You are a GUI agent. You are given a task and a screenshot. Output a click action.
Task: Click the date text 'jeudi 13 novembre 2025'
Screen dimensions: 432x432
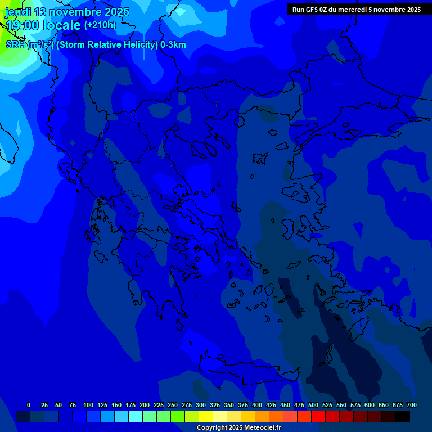[x=67, y=12]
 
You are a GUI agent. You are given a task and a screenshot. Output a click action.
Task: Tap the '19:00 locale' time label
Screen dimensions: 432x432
[x=43, y=25]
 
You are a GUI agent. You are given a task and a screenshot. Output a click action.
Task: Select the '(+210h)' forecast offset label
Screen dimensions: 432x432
[x=100, y=25]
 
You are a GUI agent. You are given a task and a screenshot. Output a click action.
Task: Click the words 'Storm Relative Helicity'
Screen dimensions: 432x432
[x=107, y=45]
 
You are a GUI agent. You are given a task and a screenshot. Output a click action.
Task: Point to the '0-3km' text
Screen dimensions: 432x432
[x=173, y=45]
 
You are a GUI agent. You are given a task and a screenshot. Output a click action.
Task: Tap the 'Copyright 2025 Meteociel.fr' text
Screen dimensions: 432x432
[x=238, y=427]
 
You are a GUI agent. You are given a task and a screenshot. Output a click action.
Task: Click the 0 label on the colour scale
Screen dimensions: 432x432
[x=29, y=405]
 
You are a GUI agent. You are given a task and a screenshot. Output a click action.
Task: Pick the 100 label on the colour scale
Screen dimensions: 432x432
[x=88, y=405]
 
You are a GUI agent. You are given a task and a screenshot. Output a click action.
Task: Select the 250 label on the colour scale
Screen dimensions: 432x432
[x=173, y=405]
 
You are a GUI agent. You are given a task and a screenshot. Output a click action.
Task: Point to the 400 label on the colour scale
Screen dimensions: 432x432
[x=257, y=405]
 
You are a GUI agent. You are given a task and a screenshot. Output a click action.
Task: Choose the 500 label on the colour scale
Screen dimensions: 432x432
[x=313, y=405]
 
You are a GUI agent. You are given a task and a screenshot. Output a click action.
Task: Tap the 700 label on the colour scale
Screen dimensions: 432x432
[x=412, y=405]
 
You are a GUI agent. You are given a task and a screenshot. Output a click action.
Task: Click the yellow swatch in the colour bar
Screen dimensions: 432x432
[x=206, y=417]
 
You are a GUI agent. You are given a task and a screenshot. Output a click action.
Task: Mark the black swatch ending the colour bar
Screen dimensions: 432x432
[x=403, y=417]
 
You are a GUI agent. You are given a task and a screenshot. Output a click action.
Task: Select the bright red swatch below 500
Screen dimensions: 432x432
[x=318, y=417]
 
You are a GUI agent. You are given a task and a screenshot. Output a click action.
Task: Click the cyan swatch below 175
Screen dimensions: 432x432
[x=136, y=417]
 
